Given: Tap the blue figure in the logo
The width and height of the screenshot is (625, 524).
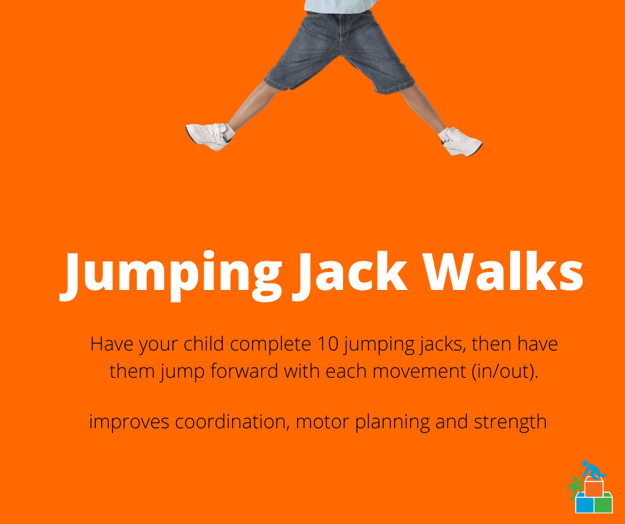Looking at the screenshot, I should pos(589,469).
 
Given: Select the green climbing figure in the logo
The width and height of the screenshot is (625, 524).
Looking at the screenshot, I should pos(574,489).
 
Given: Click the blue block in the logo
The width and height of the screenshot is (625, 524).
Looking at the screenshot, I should pos(584,505).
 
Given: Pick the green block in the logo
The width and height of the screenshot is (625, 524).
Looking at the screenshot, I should pos(603,505).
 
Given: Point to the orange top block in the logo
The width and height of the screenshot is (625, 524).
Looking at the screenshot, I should pos(593,487).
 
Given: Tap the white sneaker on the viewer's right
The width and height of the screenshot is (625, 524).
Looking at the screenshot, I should pos(461,141).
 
